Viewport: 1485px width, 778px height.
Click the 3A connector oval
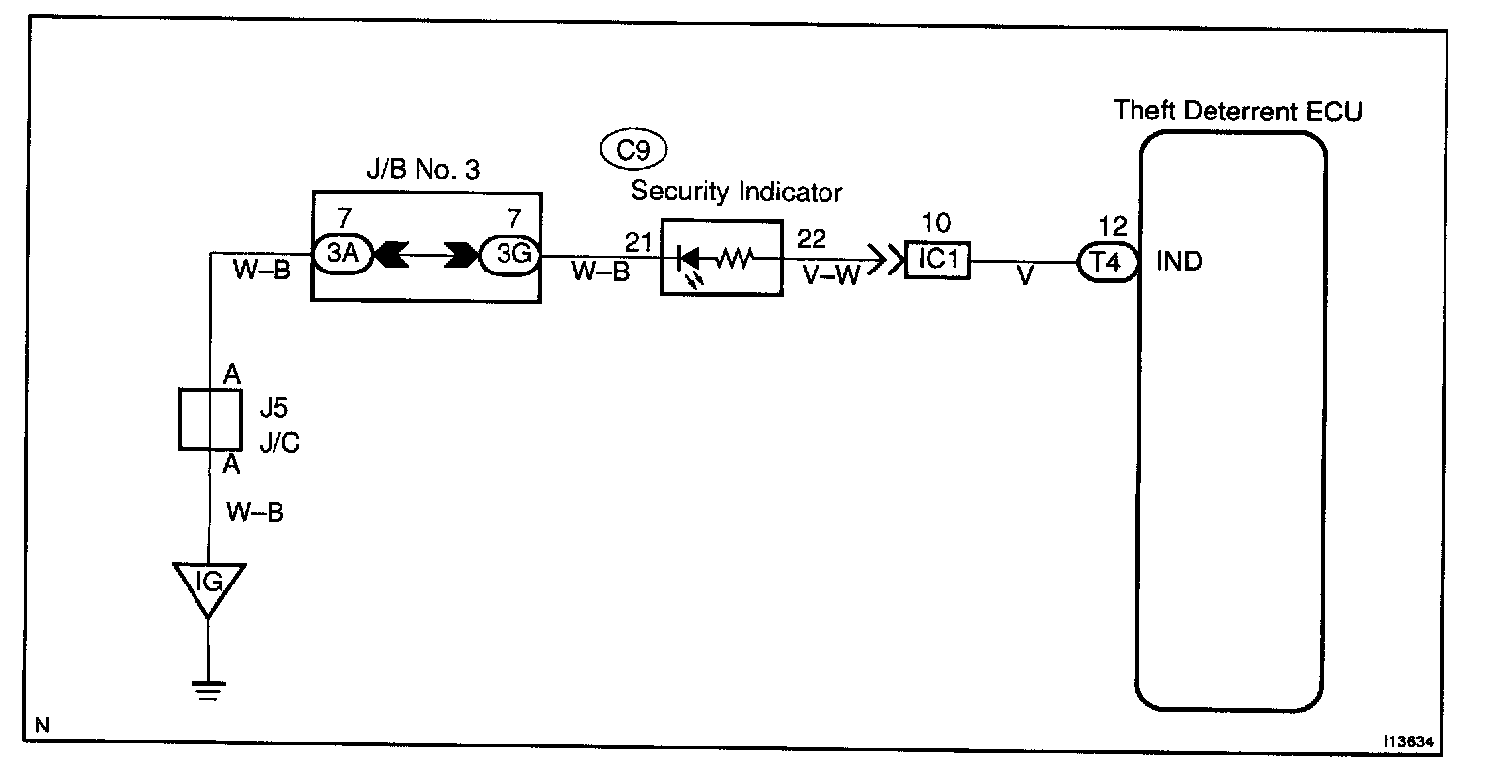[x=339, y=255]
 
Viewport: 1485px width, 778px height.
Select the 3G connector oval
[x=509, y=255]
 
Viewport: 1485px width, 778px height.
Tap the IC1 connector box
[x=937, y=263]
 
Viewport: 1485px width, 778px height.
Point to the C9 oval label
[x=634, y=150]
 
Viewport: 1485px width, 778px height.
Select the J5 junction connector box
[x=208, y=419]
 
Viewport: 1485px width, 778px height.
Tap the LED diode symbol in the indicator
[x=688, y=260]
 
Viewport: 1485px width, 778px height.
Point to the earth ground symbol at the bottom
[x=208, y=691]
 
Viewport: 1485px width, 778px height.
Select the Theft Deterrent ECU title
[x=1237, y=111]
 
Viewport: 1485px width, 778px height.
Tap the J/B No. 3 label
[x=426, y=169]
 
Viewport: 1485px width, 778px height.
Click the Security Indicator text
[x=737, y=192]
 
